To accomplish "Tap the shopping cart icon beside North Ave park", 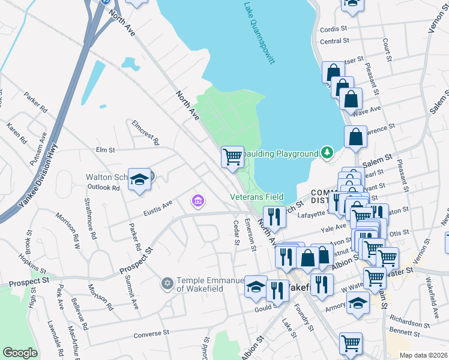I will tap(232, 157).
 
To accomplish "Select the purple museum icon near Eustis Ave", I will tap(197, 200).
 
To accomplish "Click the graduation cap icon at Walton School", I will tap(139, 179).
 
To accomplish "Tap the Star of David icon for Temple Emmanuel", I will tap(167, 283).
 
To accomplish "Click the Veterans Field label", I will tap(256, 197).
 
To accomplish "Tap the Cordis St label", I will tap(334, 29).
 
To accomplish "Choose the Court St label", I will tap(388, 52).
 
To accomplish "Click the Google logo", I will tap(20, 353).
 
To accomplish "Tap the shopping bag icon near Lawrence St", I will tap(355, 136).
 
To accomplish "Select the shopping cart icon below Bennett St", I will tap(351, 343).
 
